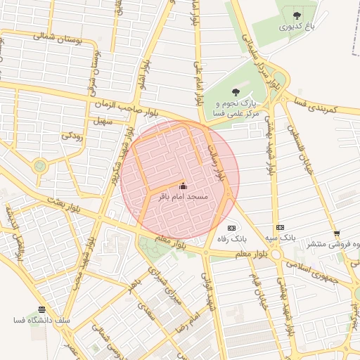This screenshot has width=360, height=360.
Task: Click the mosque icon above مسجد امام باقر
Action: (x=184, y=186)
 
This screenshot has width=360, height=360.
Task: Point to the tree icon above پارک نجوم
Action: (x=236, y=91)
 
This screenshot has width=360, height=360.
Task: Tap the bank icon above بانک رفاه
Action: (x=231, y=228)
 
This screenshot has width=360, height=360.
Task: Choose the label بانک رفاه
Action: (x=231, y=239)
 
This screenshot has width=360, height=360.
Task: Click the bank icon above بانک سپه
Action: (x=281, y=228)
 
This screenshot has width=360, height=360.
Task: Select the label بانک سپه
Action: (x=281, y=239)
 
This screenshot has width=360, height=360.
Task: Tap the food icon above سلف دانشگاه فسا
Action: (x=42, y=309)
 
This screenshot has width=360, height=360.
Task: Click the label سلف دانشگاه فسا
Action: (x=42, y=321)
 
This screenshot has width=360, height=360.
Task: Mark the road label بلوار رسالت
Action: (x=218, y=162)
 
